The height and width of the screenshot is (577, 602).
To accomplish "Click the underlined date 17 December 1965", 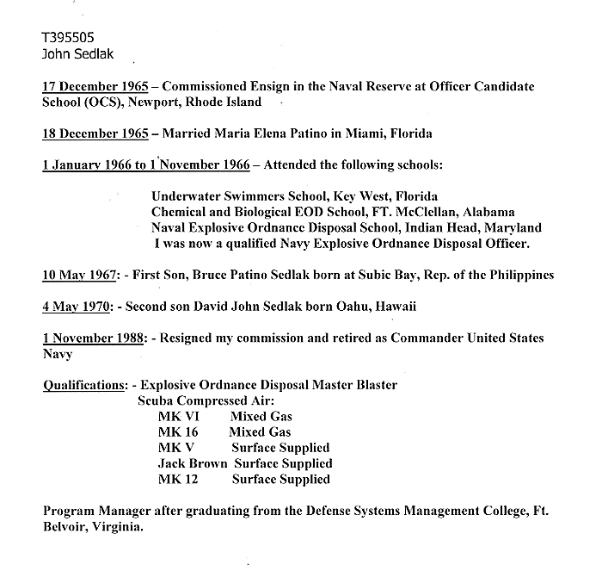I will coord(96,87).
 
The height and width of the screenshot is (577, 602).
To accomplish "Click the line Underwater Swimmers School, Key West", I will coord(294,196).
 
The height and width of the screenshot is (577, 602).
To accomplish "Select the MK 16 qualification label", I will coord(177,431).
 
